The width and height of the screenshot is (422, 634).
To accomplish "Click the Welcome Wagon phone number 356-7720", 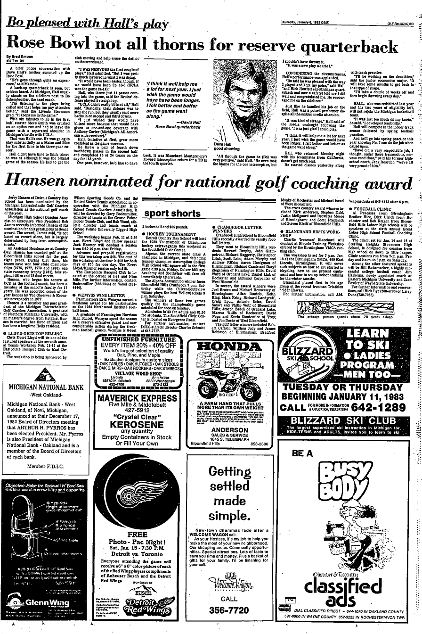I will [x=229, y=611].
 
